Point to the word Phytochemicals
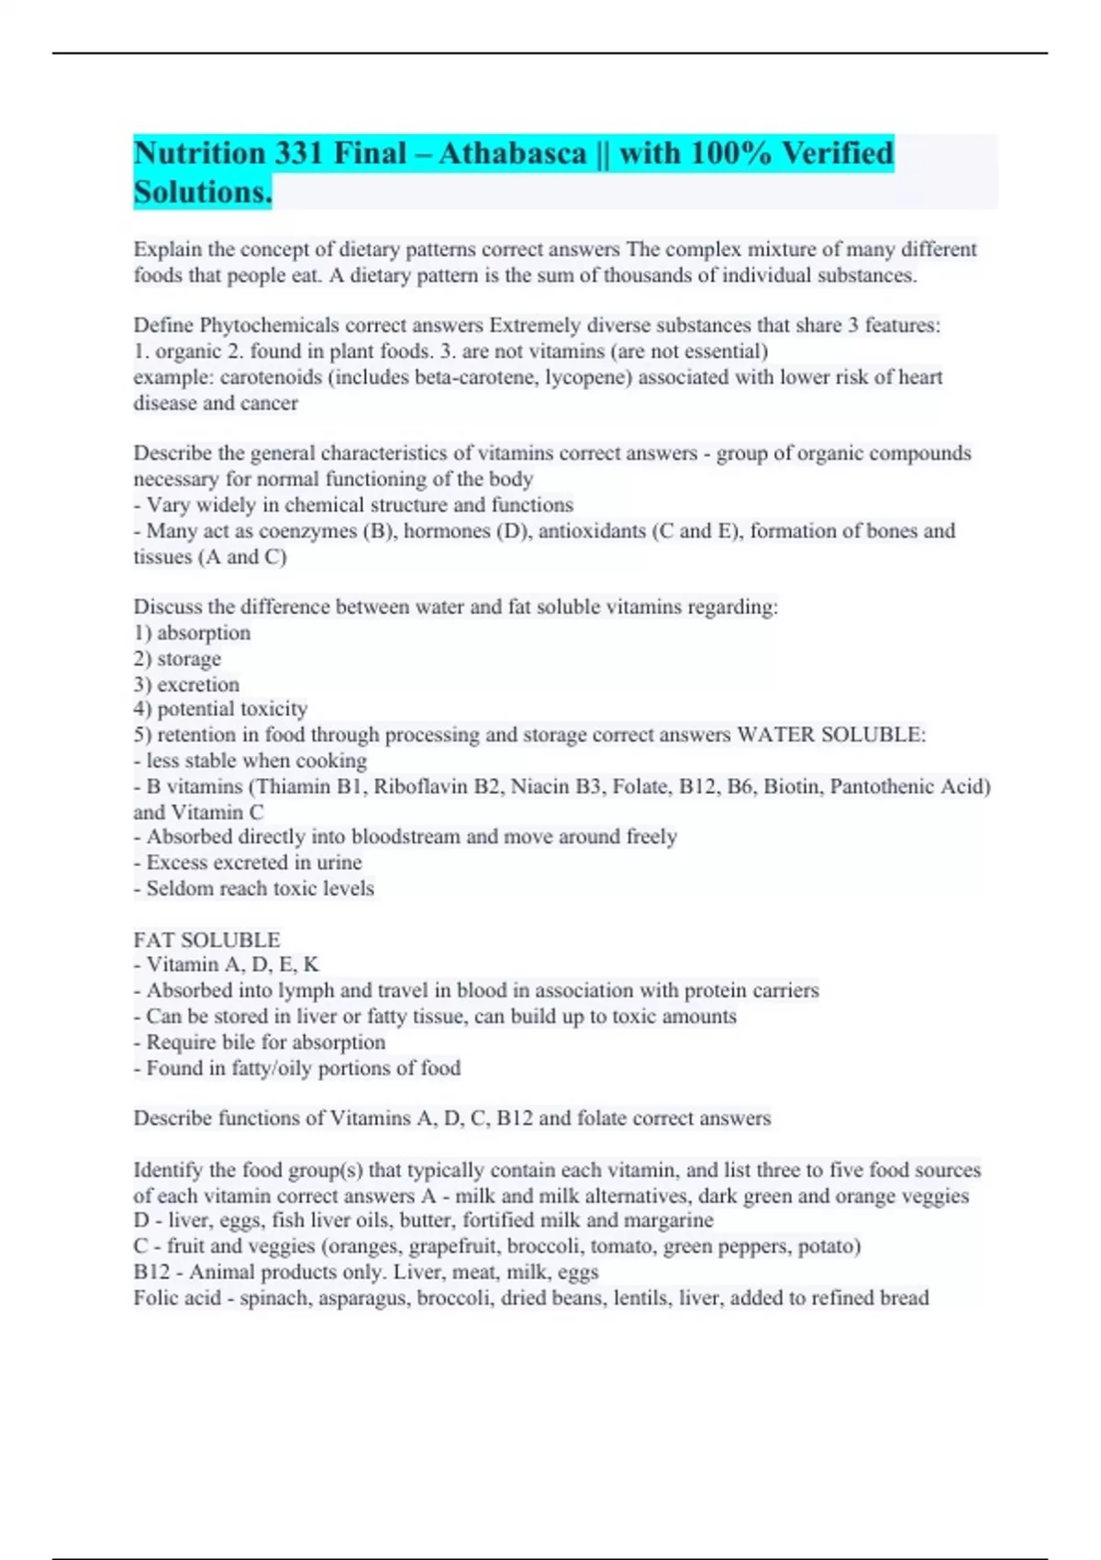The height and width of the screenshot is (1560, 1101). click(265, 326)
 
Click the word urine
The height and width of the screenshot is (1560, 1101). click(339, 863)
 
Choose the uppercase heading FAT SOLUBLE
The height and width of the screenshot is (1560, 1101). click(206, 940)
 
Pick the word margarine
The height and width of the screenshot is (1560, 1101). click(668, 1220)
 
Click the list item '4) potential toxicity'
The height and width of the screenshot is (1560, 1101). click(220, 708)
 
